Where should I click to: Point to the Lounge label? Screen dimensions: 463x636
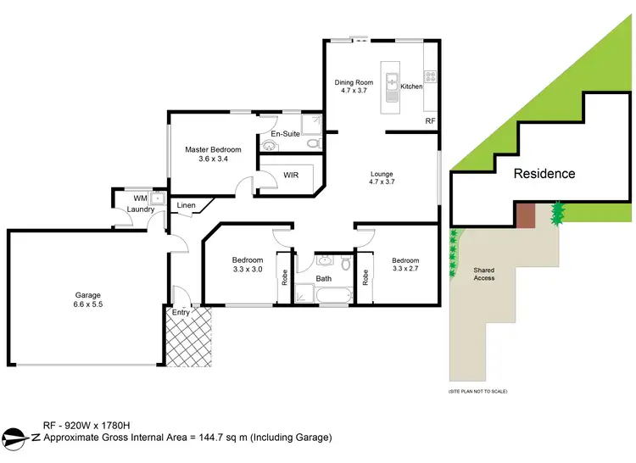[x=382, y=174]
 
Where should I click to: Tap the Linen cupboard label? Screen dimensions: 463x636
[x=187, y=205]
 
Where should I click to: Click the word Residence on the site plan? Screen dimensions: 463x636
[x=544, y=174]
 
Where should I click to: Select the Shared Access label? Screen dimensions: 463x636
[x=484, y=274]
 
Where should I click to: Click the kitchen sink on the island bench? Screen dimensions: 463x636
[x=392, y=82]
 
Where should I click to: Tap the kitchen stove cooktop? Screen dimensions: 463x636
[x=430, y=76]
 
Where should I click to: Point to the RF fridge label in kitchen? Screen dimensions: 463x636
[x=429, y=121]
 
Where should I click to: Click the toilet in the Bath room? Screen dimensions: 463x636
[x=345, y=265]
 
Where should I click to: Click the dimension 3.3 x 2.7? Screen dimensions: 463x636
[x=405, y=269]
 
